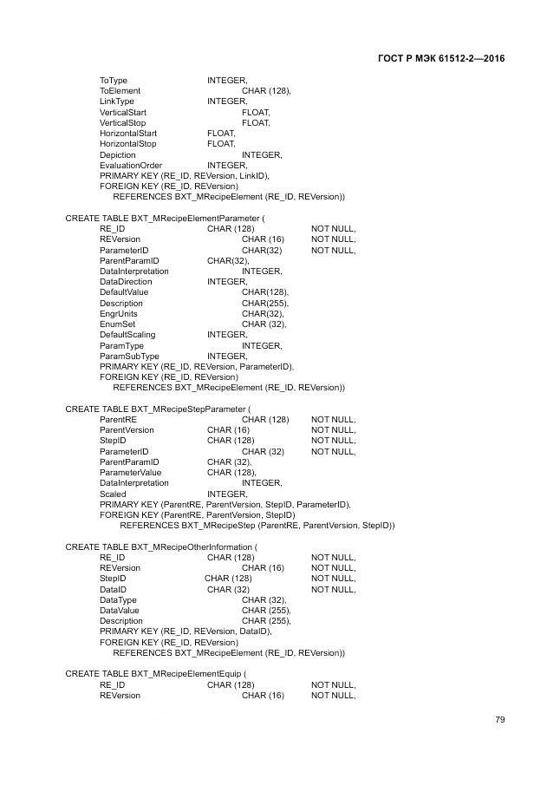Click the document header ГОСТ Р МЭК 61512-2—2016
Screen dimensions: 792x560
click(441, 58)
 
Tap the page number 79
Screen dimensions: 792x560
click(499, 719)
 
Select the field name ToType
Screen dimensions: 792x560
click(114, 81)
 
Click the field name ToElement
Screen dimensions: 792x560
click(120, 91)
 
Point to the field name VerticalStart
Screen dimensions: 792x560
click(123, 113)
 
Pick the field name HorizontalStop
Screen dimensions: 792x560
click(127, 144)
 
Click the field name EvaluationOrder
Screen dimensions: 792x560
click(131, 166)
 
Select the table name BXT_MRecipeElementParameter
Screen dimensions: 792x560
click(195, 219)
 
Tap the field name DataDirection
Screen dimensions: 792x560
click(126, 282)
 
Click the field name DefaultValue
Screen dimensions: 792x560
click(124, 292)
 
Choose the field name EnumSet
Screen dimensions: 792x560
click(118, 324)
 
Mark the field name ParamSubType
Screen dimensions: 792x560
click(129, 357)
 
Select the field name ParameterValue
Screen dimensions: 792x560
click(130, 473)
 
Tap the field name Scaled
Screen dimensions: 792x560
click(113, 494)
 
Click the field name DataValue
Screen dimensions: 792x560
click(119, 611)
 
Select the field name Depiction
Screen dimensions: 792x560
click(118, 155)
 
